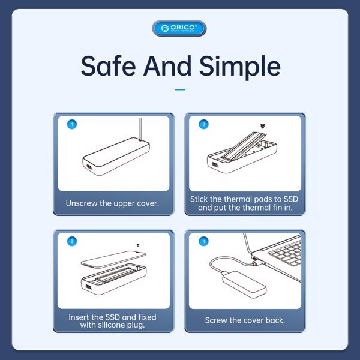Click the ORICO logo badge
tap(179, 28)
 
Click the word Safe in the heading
tap(108, 65)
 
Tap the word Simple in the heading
tap(240, 67)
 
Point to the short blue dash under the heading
tap(180, 89)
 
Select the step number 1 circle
tap(72, 124)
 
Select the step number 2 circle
tap(203, 124)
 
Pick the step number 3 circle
tap(72, 241)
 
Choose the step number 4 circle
tap(203, 241)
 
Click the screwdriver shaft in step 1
tap(140, 128)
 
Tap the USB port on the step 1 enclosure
tap(88, 167)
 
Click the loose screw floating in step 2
tap(263, 126)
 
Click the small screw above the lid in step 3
tap(138, 245)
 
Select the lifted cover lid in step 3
tap(113, 259)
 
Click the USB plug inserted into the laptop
tap(256, 261)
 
